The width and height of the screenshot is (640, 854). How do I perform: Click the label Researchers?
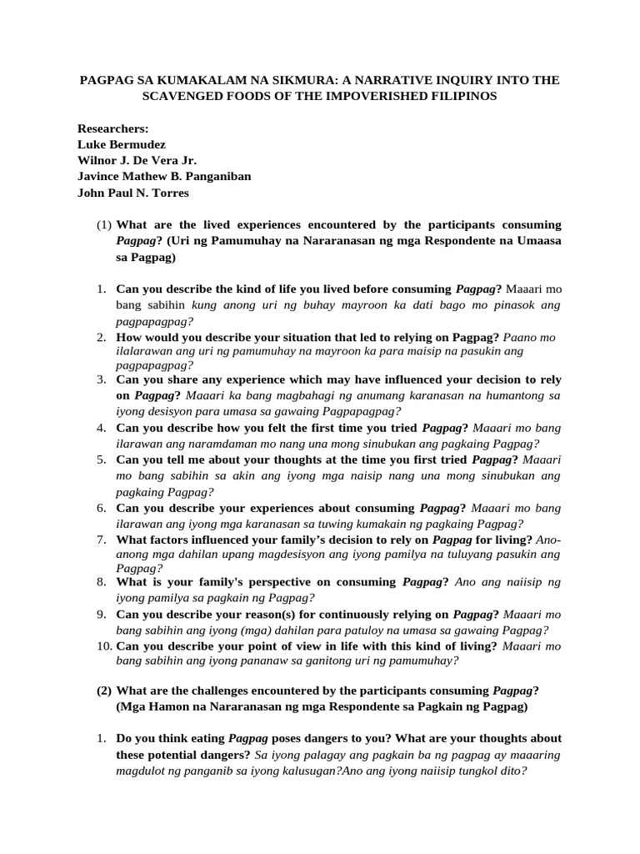[112, 128]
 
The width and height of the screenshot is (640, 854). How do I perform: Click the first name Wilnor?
[97, 160]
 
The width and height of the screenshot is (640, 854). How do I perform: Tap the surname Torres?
[167, 193]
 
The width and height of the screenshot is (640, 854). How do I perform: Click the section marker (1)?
[103, 225]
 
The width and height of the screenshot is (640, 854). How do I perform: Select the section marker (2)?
[103, 691]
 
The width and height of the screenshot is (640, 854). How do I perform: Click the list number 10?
[103, 646]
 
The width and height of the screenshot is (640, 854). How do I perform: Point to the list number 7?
[100, 540]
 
